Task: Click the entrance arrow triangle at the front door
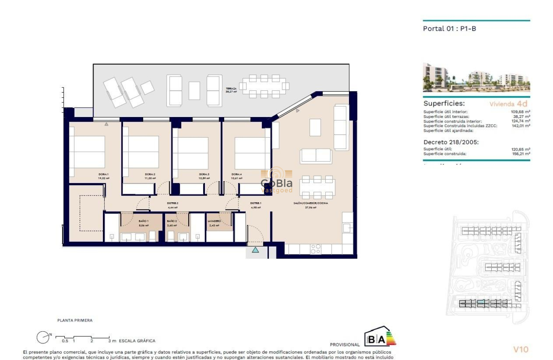click(255, 249)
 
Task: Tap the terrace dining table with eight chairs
click(264, 86)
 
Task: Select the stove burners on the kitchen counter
click(316, 249)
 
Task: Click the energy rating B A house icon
click(380, 337)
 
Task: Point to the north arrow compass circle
click(43, 337)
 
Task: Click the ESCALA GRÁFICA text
click(137, 341)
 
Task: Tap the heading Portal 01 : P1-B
click(450, 29)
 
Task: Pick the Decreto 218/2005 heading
click(451, 142)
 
